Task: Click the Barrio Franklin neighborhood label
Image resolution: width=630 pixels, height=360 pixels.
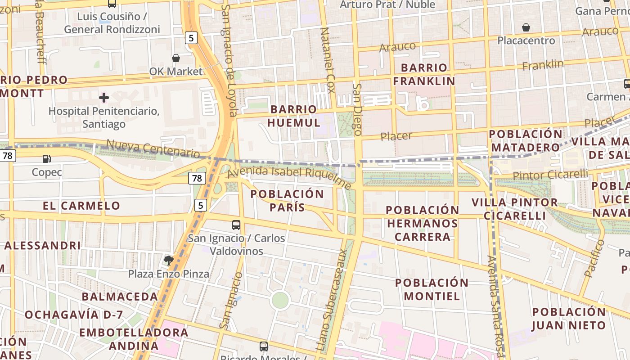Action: (x=424, y=74)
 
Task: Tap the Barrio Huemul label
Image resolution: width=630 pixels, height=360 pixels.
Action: (x=294, y=116)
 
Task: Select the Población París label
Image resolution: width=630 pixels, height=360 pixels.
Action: (x=287, y=201)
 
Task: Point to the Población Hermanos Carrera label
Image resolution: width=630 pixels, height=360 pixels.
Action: (x=422, y=223)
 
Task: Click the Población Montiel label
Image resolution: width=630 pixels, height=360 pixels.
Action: (x=432, y=289)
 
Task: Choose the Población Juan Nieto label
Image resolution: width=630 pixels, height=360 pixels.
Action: (x=569, y=319)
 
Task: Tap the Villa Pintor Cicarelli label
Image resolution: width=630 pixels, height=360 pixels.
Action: (x=515, y=209)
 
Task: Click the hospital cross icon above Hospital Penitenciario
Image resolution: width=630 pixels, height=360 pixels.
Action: (x=104, y=97)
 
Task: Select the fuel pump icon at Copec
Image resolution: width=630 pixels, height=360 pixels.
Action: (x=46, y=158)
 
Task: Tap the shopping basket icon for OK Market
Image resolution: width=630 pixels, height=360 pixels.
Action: (x=176, y=58)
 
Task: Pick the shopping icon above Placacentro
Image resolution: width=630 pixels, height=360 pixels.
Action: (x=526, y=27)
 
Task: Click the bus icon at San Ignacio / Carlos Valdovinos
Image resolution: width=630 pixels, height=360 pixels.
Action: (x=236, y=225)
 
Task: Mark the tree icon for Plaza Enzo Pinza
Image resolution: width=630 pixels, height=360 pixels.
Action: (x=168, y=260)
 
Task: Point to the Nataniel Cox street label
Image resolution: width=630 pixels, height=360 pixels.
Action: (x=327, y=60)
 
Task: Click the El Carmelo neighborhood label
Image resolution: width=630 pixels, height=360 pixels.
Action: (x=81, y=206)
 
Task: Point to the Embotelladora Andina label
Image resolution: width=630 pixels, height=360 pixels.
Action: (x=134, y=339)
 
